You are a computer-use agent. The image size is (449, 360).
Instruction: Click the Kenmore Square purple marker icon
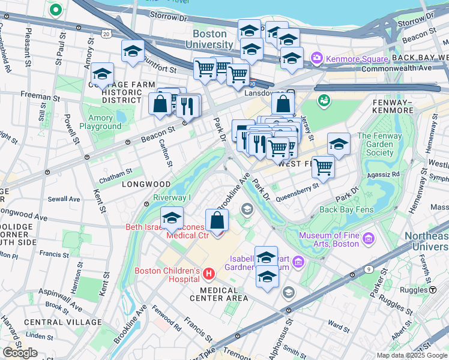(317, 59)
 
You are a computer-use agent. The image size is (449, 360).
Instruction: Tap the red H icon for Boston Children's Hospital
(209, 274)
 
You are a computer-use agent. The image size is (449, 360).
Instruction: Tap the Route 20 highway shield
(106, 34)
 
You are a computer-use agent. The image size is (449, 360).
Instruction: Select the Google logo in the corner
(20, 353)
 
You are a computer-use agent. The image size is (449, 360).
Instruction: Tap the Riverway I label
(172, 198)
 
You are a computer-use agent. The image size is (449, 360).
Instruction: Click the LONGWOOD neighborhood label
(142, 185)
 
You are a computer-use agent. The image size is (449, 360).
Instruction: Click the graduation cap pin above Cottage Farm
(103, 74)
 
